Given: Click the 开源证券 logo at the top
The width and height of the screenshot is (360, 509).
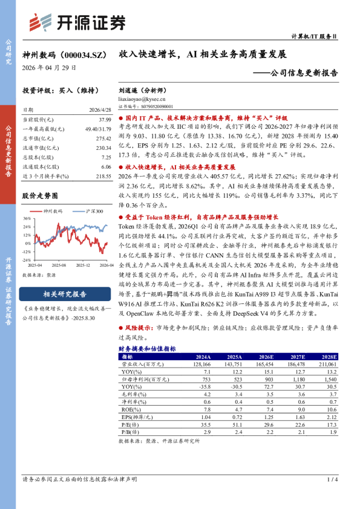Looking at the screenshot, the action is pos(78,22).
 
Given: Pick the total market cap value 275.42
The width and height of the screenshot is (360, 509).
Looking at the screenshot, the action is pos(102,138).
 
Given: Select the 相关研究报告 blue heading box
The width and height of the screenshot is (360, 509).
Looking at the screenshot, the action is pos(64,294).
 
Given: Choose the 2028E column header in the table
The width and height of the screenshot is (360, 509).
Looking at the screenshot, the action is pos(329,357).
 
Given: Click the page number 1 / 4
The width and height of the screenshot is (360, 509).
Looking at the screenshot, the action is pos(332,479).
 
